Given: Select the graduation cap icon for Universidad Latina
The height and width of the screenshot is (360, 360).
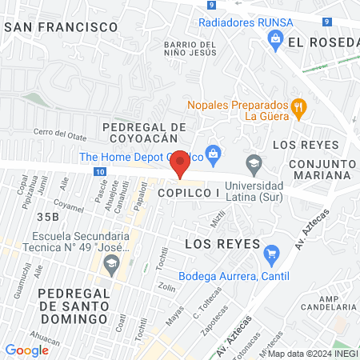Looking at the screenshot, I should [x=254, y=162].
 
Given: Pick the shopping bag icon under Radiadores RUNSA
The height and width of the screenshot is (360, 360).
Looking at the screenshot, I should [x=276, y=38].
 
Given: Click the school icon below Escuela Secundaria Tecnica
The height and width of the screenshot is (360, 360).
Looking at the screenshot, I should [x=114, y=263].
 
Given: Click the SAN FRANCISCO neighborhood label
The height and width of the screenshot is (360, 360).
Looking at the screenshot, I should [x=61, y=26].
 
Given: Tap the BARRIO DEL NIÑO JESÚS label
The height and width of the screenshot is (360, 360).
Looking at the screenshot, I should [x=190, y=49].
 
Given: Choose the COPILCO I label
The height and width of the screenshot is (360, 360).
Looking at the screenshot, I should [x=188, y=194].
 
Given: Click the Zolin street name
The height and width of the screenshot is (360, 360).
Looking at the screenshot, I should [x=167, y=287].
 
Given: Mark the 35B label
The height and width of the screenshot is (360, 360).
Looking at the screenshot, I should [x=47, y=216].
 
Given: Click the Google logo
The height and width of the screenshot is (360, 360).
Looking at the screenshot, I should [x=27, y=350].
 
